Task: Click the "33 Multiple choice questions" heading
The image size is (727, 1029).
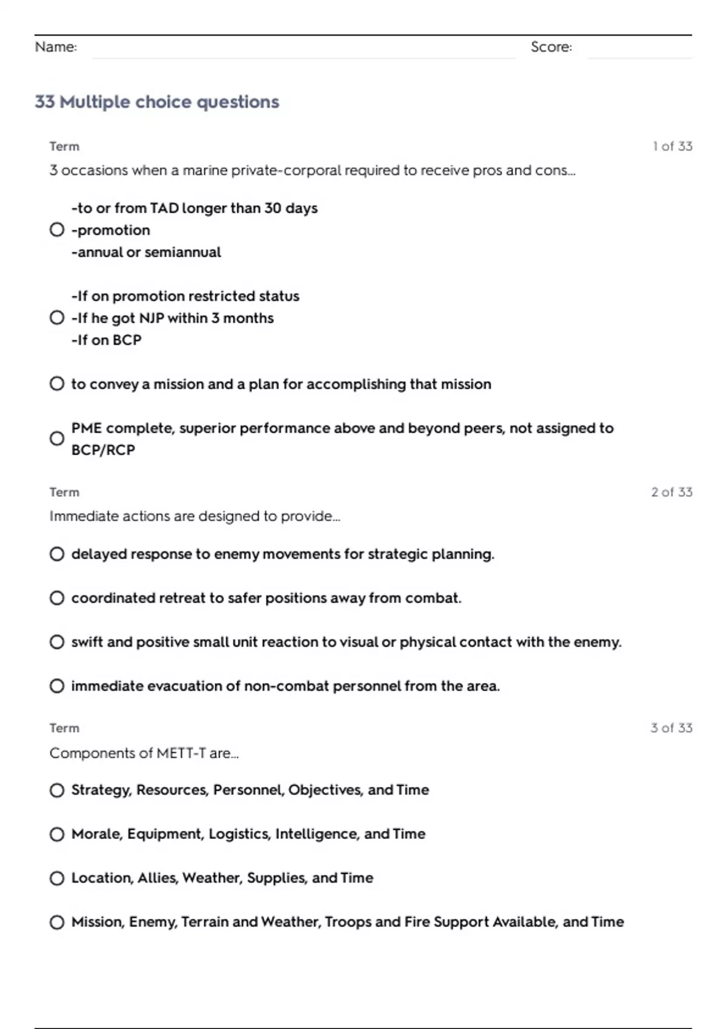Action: coord(157,102)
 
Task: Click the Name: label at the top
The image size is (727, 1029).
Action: coord(56,47)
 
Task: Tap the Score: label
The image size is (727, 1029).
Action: coord(551,47)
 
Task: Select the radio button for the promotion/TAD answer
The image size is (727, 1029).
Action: coord(57,230)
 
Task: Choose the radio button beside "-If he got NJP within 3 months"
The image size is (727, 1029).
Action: coord(57,318)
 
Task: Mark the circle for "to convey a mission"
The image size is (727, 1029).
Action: coord(57,384)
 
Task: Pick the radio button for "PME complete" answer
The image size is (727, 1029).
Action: coord(57,439)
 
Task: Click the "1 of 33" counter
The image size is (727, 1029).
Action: coord(672,146)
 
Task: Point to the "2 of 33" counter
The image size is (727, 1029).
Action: coord(671,492)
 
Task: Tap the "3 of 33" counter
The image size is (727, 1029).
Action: coord(671,728)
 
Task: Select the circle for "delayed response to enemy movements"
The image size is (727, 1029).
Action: coord(57,554)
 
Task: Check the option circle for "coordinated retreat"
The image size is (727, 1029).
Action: coord(57,598)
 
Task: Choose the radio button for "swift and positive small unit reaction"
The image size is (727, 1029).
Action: coord(57,642)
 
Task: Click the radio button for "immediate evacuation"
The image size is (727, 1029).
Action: coord(57,686)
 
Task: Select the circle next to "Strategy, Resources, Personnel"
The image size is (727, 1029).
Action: coord(57,791)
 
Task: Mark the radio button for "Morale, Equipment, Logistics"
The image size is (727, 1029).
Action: coord(57,834)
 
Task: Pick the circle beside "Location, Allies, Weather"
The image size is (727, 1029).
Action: coord(57,878)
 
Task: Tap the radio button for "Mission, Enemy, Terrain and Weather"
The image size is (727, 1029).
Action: coord(57,922)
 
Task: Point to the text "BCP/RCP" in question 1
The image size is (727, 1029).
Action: coord(103,450)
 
